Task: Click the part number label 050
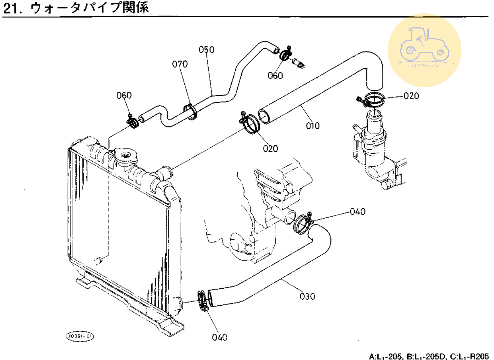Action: (206, 50)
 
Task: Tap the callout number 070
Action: (180, 64)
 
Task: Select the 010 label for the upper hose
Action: (313, 126)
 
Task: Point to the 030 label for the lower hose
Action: (307, 296)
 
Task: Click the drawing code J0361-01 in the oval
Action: (80, 336)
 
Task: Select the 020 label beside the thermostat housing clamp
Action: (411, 96)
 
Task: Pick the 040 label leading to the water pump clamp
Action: (357, 211)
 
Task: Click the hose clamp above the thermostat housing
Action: (372, 100)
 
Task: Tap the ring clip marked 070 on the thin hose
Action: (191, 112)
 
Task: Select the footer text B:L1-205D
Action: (426, 355)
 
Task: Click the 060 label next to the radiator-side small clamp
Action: (124, 95)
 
